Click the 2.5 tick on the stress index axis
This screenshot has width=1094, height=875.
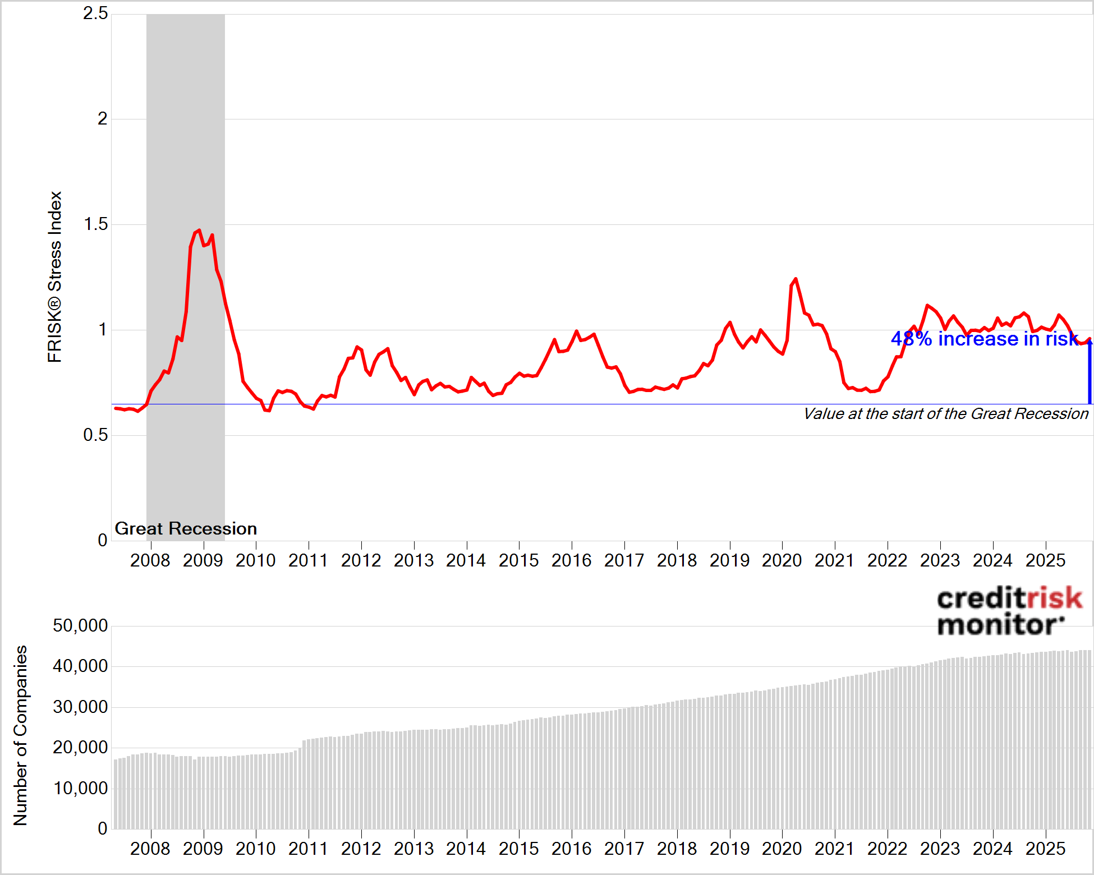[95, 13]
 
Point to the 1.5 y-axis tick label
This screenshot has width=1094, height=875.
[95, 224]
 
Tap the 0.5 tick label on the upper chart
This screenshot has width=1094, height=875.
[95, 435]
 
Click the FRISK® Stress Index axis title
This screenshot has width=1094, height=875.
[54, 277]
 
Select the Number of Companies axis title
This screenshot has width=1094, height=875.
[20, 735]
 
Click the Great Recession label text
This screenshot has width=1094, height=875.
[186, 528]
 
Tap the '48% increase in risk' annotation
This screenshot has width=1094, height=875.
[984, 339]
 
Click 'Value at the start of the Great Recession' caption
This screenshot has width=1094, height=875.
[945, 414]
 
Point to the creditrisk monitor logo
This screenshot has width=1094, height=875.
[1008, 611]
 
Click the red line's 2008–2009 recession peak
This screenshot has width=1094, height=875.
[199, 231]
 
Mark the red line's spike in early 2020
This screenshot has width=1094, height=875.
[795, 279]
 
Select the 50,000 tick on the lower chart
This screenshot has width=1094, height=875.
[80, 626]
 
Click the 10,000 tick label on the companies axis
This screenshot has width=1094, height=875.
[80, 788]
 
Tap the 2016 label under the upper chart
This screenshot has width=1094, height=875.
[571, 560]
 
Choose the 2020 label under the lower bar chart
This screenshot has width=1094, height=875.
[782, 849]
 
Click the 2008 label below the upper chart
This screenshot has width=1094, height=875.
[150, 560]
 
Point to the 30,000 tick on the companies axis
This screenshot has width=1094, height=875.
[80, 707]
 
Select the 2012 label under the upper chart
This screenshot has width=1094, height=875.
[361, 560]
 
